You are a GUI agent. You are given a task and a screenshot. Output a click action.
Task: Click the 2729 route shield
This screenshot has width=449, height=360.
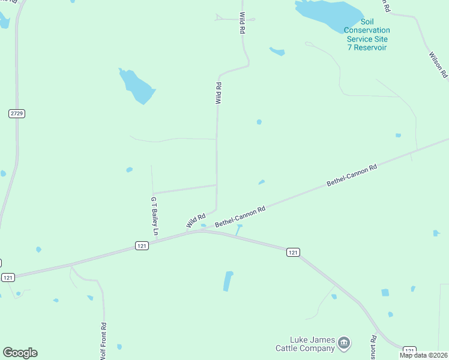pos(17,113)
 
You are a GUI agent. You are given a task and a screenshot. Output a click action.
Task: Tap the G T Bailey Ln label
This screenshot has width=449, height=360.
pos(154,215)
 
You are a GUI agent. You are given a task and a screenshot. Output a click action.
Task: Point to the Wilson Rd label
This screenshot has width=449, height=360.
pos(438,65)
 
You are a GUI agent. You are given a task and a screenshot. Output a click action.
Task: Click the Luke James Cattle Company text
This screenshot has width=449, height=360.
pos(305,344)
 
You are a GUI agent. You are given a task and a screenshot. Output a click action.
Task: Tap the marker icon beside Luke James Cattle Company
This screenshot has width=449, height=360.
pos(344,343)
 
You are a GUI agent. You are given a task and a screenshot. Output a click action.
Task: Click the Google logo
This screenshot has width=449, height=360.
pos(20,353)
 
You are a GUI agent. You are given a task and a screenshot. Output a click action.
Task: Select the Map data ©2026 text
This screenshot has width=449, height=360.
pos(423,355)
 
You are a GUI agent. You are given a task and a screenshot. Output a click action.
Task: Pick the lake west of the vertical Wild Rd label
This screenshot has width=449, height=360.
pos(137,86)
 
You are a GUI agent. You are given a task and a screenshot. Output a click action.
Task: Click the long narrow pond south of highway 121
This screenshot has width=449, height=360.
pos(228,281)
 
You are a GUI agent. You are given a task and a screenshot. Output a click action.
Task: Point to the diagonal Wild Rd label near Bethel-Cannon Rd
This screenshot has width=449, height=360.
pos(196,220)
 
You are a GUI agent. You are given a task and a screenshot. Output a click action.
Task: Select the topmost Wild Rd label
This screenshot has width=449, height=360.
pos(243,23)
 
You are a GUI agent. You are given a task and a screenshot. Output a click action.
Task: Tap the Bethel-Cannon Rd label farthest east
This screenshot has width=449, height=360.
pos(351,175)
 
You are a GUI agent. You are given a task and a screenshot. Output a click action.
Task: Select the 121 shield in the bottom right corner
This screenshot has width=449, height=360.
pos(409,350)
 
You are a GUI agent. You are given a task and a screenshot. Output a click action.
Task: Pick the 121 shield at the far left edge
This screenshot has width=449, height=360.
pos(8,277)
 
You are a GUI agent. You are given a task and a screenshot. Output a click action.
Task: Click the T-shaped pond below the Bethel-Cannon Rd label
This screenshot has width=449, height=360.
pos(240,229)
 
